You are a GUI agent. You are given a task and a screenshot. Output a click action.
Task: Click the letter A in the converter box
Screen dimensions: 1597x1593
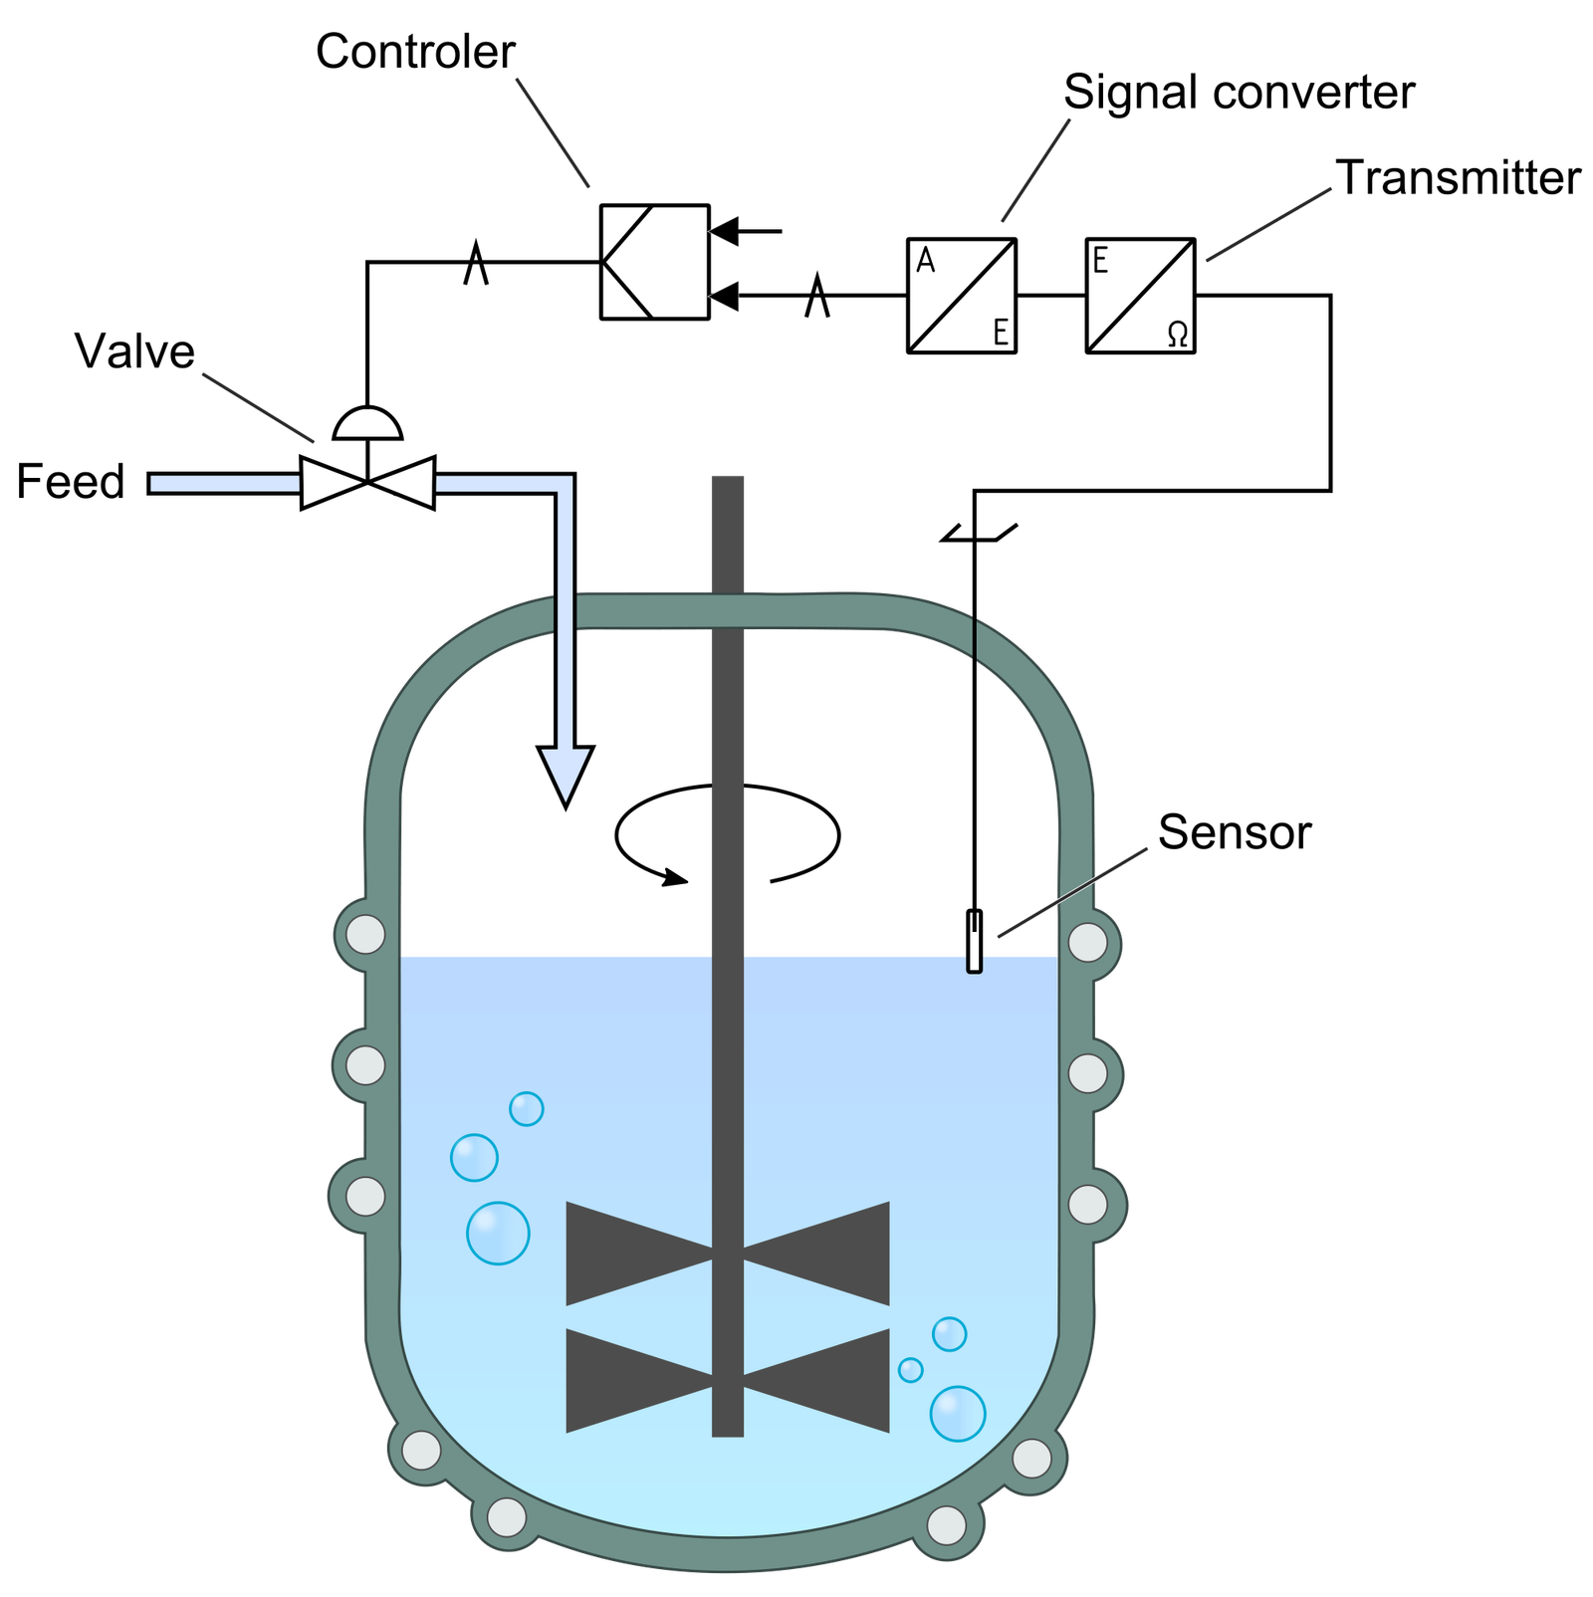(925, 261)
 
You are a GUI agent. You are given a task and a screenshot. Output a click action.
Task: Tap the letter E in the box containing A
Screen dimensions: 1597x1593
(1001, 333)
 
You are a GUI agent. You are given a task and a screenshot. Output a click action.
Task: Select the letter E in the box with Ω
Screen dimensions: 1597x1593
(1100, 261)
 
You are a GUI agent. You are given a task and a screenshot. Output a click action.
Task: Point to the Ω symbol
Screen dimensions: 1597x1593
(1177, 335)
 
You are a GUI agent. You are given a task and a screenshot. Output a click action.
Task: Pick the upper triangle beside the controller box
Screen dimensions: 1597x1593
(726, 231)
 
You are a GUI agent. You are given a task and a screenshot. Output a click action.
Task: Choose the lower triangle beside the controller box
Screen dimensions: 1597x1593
(726, 296)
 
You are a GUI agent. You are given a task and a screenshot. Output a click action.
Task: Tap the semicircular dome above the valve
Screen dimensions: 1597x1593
(367, 424)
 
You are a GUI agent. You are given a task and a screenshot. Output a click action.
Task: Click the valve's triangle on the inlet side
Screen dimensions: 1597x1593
(331, 483)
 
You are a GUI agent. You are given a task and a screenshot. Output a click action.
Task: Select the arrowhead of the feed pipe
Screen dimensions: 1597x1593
(566, 773)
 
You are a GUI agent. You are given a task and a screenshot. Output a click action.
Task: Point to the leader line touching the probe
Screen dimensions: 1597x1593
(1072, 892)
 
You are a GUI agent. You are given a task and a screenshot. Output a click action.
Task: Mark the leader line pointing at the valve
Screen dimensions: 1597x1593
(258, 407)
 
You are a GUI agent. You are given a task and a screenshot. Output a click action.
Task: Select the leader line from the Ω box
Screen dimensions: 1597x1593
(1268, 224)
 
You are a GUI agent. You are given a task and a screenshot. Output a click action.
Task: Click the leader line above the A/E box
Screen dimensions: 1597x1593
(1036, 169)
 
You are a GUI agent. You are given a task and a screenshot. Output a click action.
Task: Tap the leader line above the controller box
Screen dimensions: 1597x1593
(553, 131)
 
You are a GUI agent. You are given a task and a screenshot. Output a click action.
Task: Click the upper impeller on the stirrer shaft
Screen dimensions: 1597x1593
(728, 1254)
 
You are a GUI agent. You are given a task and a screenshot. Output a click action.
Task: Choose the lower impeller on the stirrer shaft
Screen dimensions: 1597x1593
(728, 1381)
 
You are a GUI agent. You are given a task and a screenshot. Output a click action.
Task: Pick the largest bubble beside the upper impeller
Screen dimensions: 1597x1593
(498, 1234)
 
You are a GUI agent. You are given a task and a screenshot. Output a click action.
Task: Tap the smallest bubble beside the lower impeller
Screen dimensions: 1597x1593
(910, 1370)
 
